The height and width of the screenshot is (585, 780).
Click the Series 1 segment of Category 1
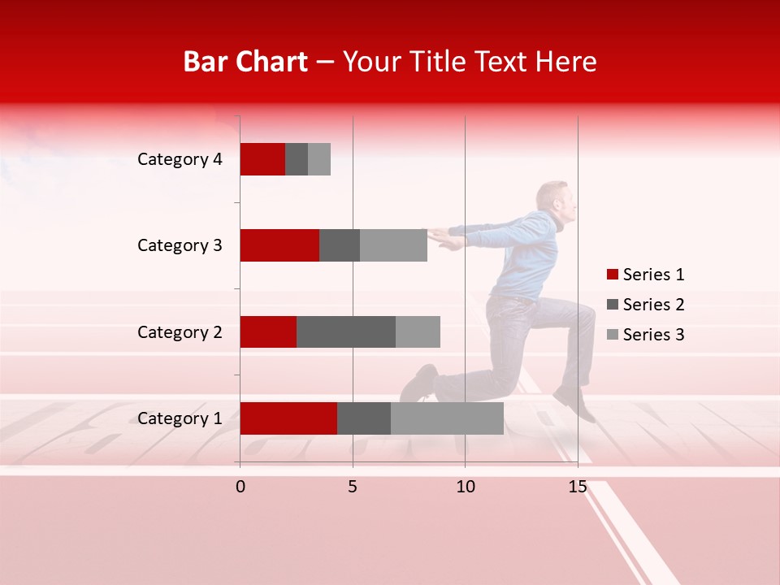pos(288,418)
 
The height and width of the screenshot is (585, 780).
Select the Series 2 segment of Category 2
pos(346,331)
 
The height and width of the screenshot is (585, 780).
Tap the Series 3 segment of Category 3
pos(393,245)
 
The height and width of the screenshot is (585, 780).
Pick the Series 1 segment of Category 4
pos(262,159)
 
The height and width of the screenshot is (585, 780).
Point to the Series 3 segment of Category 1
pos(447,418)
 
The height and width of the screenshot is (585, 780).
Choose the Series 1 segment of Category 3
pos(279,245)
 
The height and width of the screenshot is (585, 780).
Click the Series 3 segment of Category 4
pos(319,159)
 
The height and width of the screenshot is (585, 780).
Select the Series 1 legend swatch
pos(612,275)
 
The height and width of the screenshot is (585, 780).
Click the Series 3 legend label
pos(653,335)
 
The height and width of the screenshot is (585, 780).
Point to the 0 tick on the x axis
pos(240,487)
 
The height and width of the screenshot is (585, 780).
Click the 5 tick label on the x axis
pos(353,487)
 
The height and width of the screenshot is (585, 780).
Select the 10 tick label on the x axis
pos(465,487)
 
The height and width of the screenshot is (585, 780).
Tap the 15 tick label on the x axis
pos(577,487)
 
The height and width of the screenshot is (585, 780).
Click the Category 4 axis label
pos(180,159)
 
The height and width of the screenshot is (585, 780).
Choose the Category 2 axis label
pos(180,331)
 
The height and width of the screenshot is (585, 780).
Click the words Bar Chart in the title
pos(245,62)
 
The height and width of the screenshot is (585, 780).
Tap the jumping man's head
pos(557,200)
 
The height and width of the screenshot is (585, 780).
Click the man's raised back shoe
pos(574,403)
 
